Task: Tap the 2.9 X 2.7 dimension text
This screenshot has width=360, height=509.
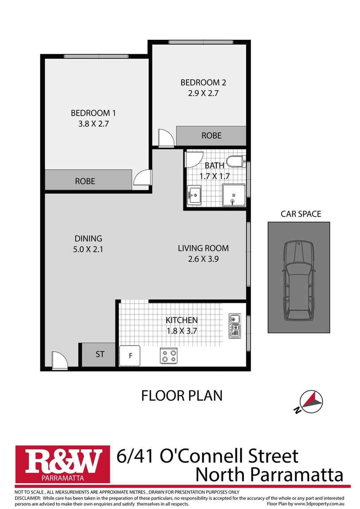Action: click(200, 93)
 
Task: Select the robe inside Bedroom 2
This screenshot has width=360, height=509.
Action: click(211, 135)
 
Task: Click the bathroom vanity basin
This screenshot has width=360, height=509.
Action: click(194, 194)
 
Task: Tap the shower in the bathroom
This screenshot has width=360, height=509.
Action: click(233, 196)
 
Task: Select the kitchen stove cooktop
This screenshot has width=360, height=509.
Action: click(169, 355)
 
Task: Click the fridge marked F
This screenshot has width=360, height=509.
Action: click(130, 355)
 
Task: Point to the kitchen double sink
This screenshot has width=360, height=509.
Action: click(234, 326)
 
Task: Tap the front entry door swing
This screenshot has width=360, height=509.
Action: click(59, 360)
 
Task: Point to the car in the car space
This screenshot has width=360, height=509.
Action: click(298, 281)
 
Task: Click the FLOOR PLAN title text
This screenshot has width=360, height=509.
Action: click(182, 395)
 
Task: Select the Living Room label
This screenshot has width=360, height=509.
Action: click(203, 248)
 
